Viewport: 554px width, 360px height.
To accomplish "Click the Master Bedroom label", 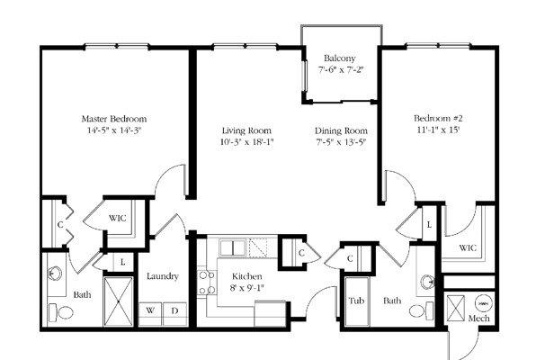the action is [113, 119].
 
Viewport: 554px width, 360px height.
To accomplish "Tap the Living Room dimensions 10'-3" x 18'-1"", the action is [246, 142].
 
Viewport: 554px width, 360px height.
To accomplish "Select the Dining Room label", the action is [341, 130].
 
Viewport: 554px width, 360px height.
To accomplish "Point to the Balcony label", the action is [340, 58].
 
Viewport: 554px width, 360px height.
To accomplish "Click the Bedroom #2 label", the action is [438, 118].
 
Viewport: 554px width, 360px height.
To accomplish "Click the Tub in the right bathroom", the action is [357, 301].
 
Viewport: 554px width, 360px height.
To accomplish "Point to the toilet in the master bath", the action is [61, 312].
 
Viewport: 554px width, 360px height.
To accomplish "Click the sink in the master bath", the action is [54, 274].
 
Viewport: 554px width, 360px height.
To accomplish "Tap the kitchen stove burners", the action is [207, 283].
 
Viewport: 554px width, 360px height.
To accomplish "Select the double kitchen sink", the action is [232, 247].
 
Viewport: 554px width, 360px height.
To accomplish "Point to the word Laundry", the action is [163, 276].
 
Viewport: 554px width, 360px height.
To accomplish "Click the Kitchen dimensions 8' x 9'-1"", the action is [247, 288].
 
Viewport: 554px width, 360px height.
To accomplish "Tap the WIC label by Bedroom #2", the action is [468, 247].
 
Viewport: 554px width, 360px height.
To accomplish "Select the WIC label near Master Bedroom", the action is [117, 218].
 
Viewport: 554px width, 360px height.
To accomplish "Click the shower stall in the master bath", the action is [119, 301].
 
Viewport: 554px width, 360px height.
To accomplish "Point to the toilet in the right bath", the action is [421, 310].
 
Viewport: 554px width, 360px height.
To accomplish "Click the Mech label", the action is [479, 319].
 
